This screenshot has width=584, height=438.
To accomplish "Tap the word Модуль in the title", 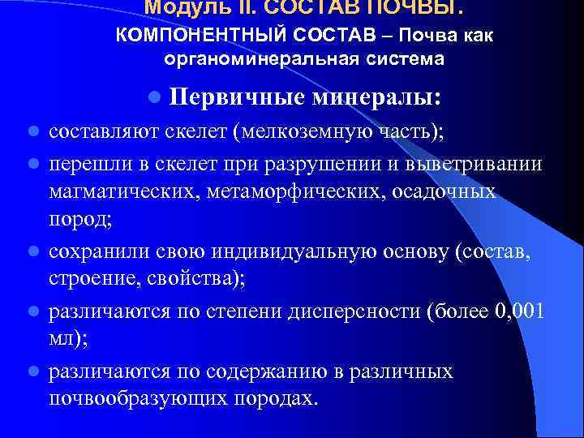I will (x=178, y=7).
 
